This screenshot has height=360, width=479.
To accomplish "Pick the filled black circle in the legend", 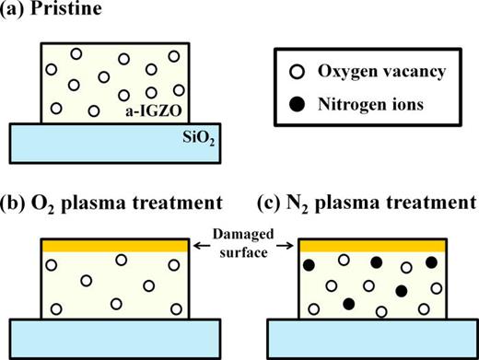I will tap(298, 105).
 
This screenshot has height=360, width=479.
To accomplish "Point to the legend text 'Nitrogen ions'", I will tap(366, 105).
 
